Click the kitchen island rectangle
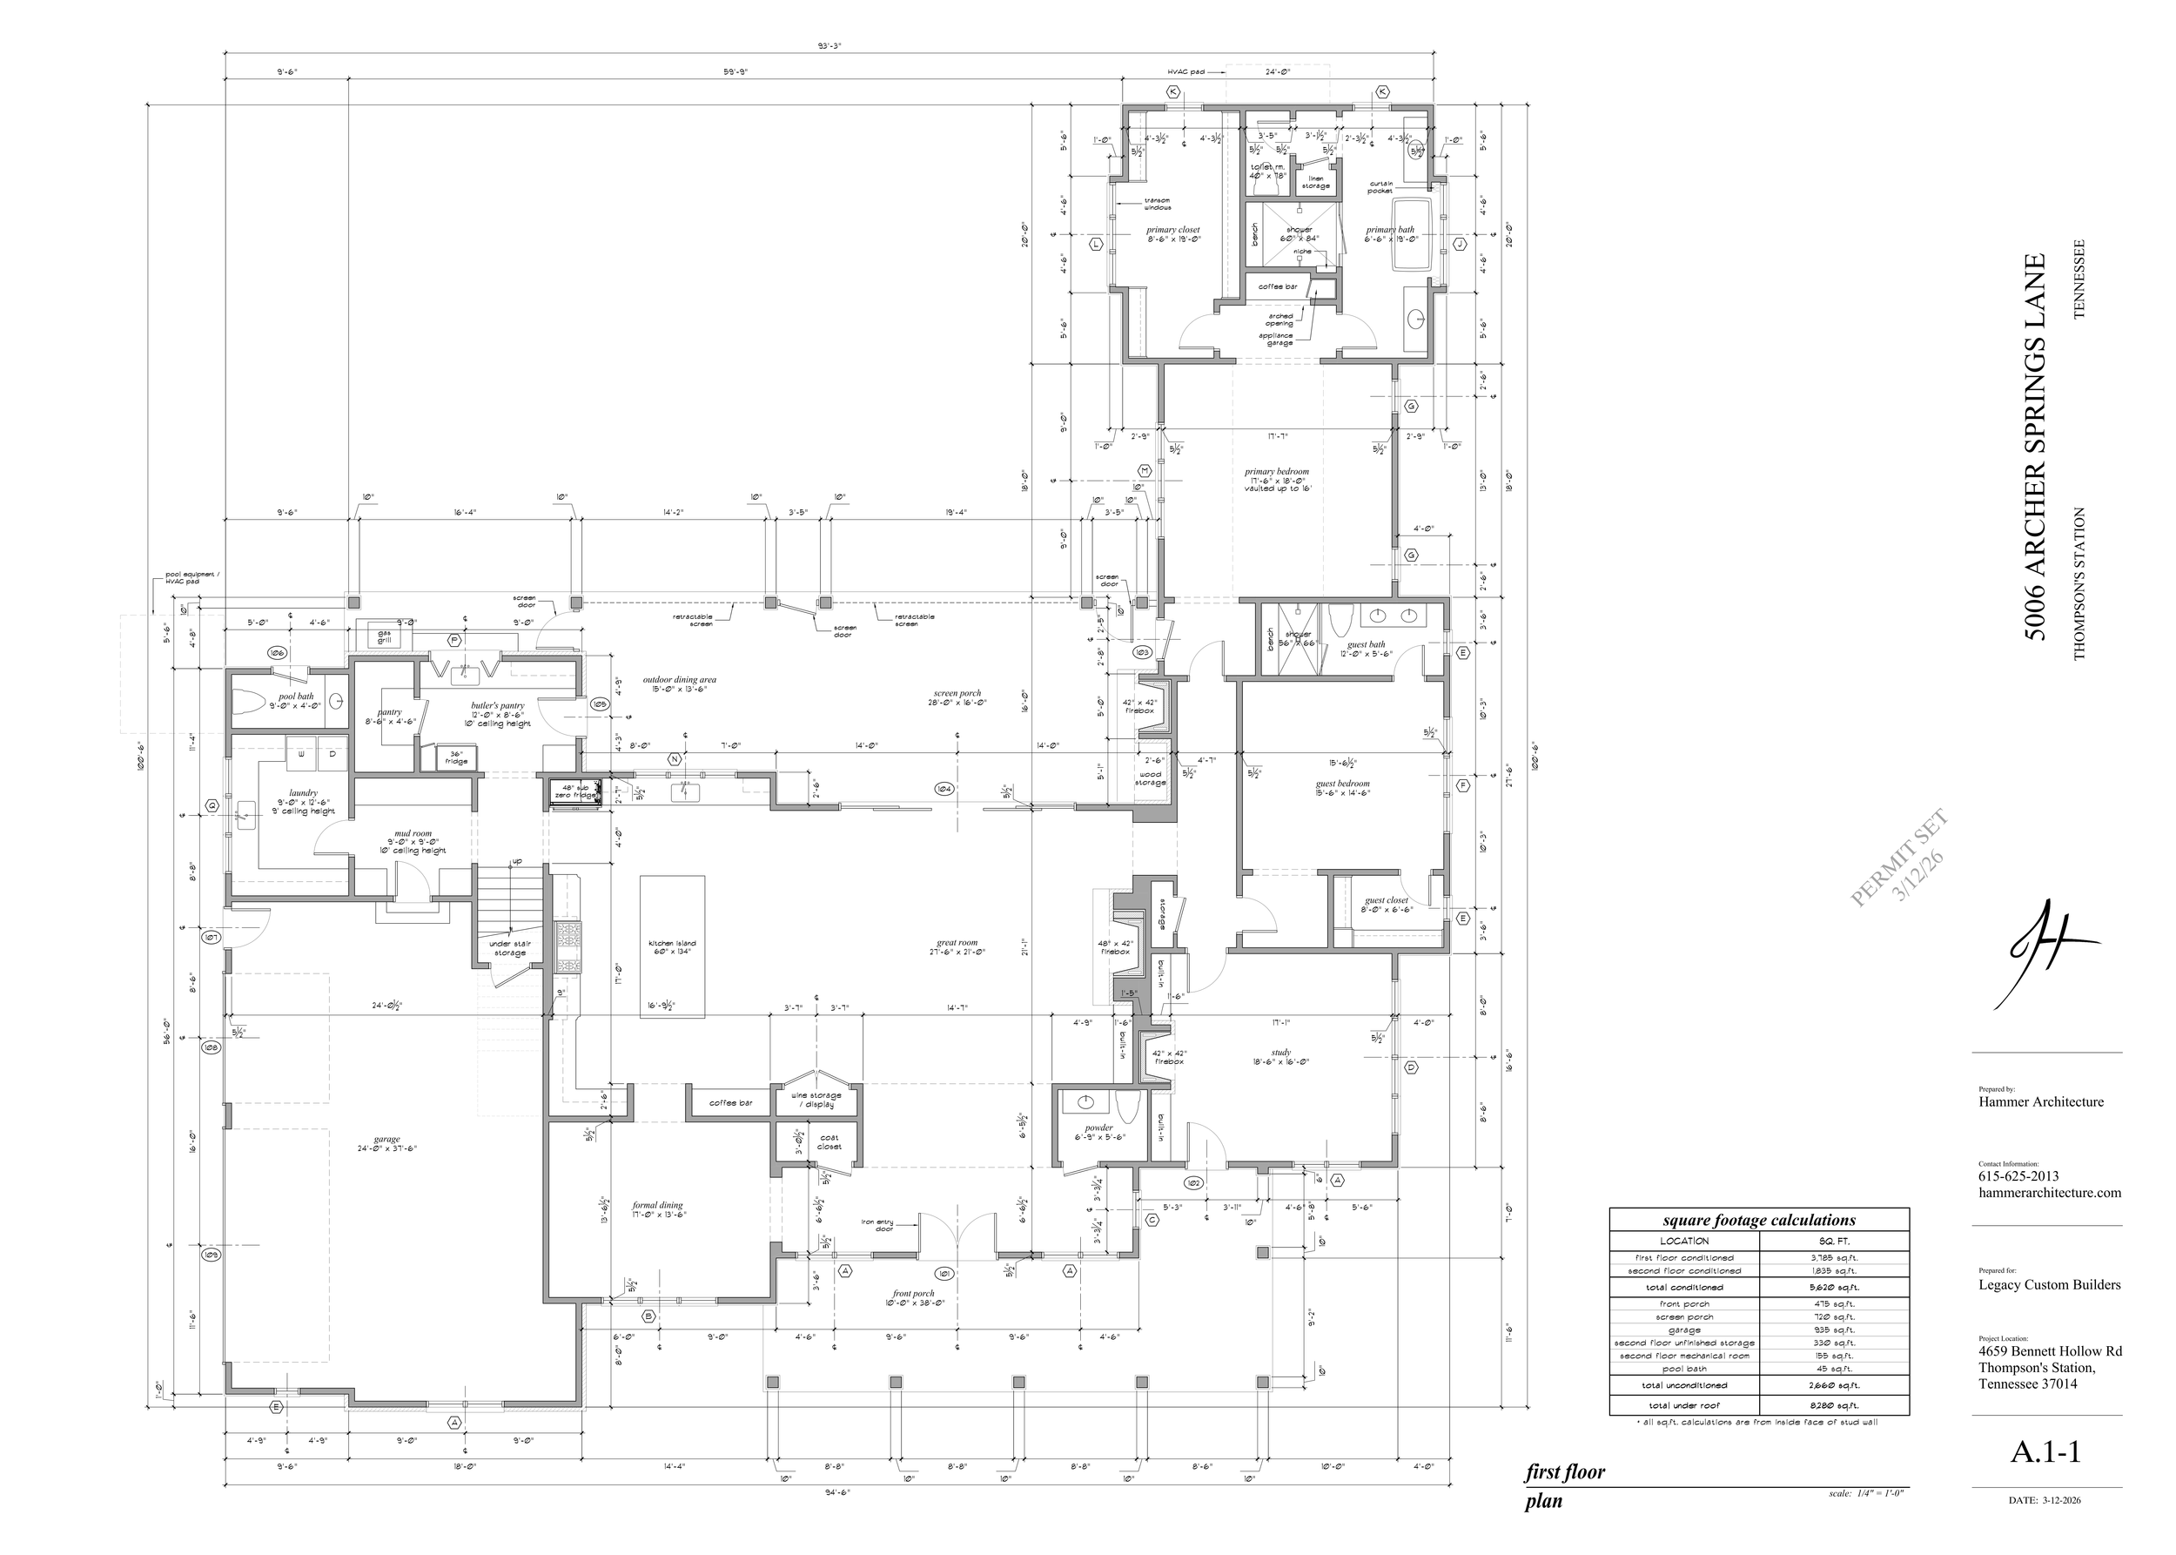[672, 947]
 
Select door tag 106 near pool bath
[277, 652]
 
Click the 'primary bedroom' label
[1276, 472]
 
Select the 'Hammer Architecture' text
[2041, 1102]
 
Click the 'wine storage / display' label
[816, 1100]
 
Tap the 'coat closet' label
[829, 1142]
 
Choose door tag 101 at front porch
[944, 1275]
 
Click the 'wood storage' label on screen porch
[1150, 778]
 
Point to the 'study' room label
[1281, 1053]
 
